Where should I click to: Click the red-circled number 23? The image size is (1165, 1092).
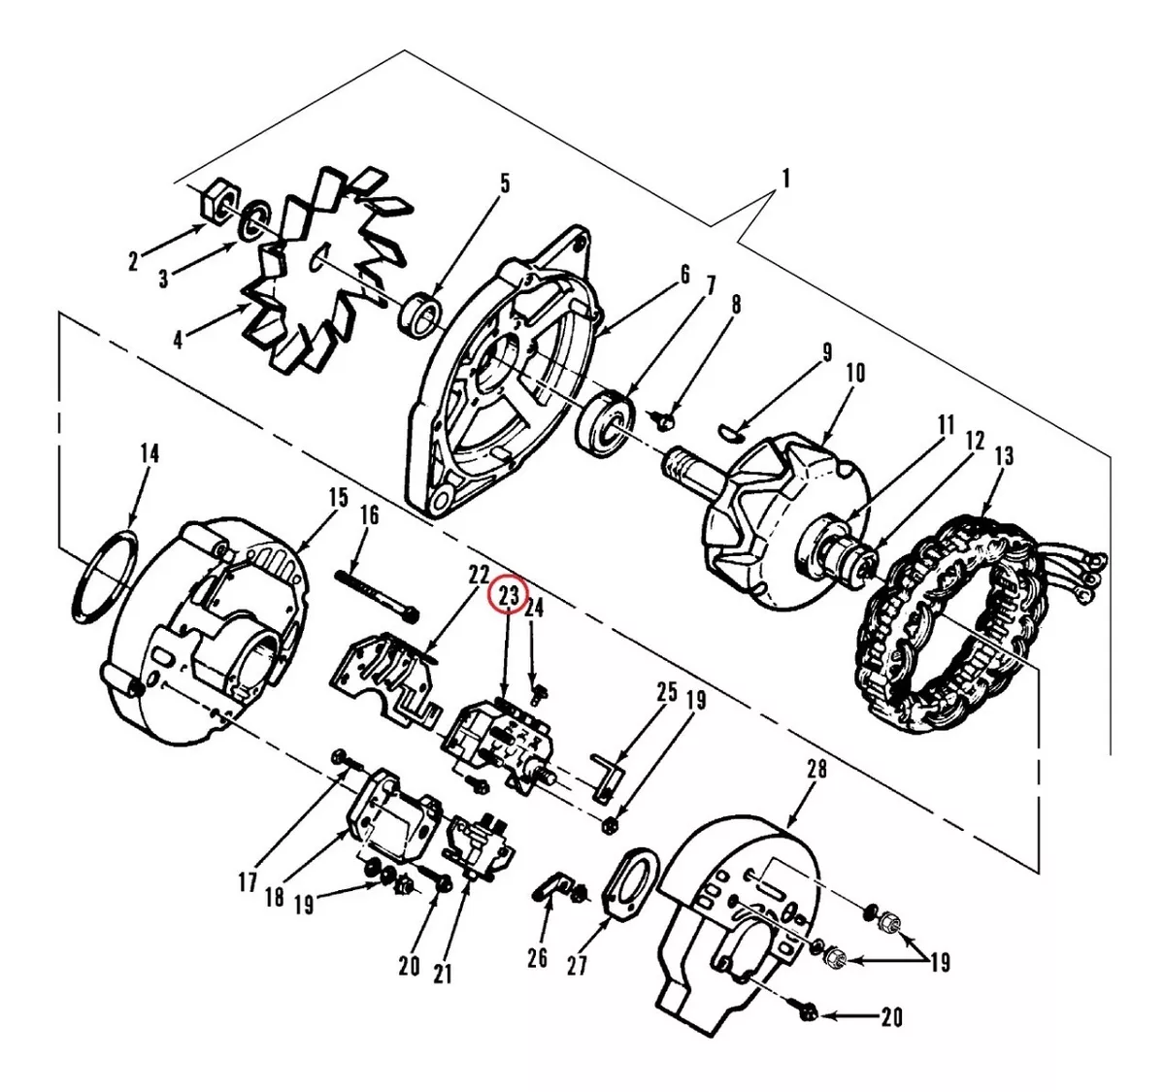pyautogui.click(x=508, y=597)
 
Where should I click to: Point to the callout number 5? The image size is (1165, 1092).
pyautogui.click(x=505, y=183)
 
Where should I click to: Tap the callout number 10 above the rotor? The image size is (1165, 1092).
pyautogui.click(x=855, y=373)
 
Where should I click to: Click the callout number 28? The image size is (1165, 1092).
pyautogui.click(x=816, y=770)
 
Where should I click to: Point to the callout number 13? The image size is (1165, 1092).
pyautogui.click(x=1003, y=456)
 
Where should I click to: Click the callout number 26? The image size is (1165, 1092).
pyautogui.click(x=537, y=958)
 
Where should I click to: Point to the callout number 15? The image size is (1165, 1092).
pyautogui.click(x=338, y=498)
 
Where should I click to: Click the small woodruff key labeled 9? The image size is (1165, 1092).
pyautogui.click(x=731, y=432)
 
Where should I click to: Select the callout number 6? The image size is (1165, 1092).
pyautogui.click(x=684, y=275)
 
